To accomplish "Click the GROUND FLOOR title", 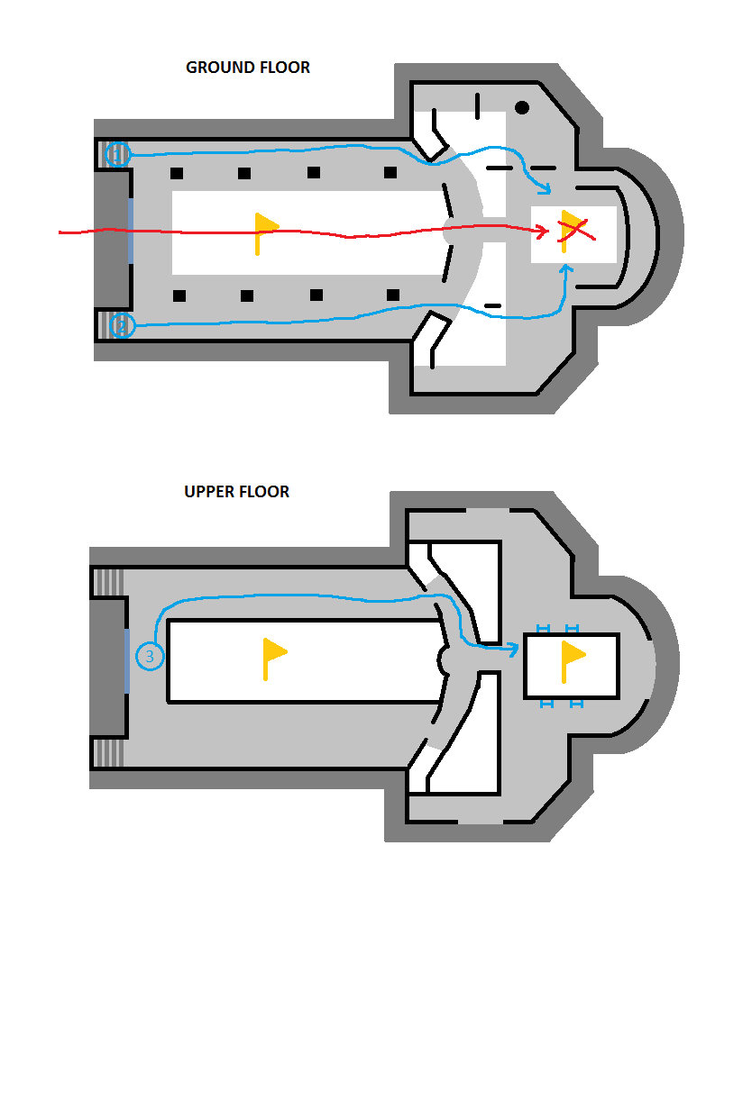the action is coord(248,68).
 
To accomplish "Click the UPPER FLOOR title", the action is coord(236,492).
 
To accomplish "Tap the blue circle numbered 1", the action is coord(118,154).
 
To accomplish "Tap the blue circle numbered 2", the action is coord(123,325).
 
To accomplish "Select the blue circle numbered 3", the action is coord(150,656).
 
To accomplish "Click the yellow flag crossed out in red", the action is coord(570,231).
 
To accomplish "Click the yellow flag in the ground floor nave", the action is coord(265,233).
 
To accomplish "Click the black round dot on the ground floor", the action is coord(522,107).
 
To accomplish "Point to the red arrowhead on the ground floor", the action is coord(544,232).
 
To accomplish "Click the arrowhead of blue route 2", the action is coord(566,268).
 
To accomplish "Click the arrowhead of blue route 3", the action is coord(513,650).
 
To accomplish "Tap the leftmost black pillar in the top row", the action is coord(177,173).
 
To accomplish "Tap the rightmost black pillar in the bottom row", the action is coord(393,295).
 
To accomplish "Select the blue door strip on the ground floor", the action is coord(131,231).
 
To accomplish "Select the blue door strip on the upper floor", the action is coord(127,661).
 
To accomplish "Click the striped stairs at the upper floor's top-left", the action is coord(108,583).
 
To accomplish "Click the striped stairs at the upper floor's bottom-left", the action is coord(108,752).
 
